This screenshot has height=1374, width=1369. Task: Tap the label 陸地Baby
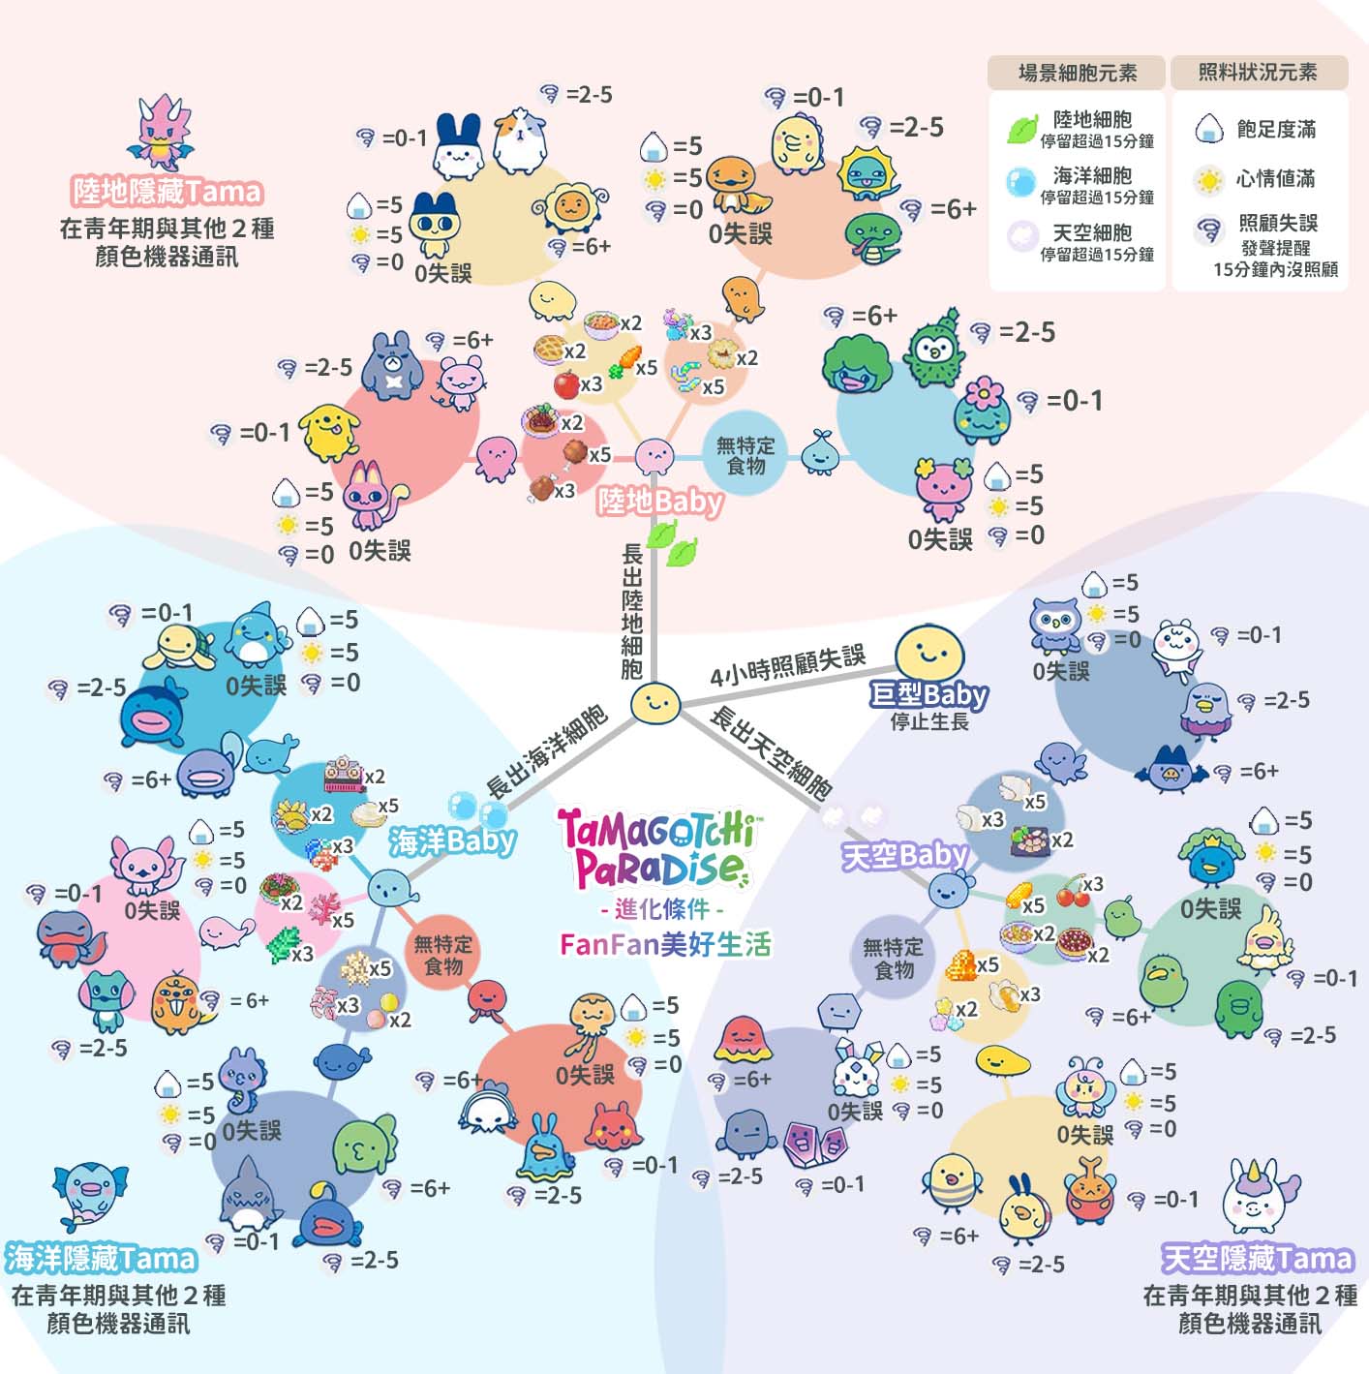click(x=659, y=501)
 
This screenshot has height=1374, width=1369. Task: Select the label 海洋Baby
click(x=452, y=840)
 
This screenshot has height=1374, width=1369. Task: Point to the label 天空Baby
click(x=903, y=855)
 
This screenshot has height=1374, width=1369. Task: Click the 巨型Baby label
click(x=928, y=694)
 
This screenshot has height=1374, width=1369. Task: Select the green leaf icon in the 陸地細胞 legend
click(x=1021, y=129)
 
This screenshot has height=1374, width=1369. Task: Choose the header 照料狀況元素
click(x=1258, y=73)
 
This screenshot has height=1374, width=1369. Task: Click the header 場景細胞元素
click(x=1077, y=73)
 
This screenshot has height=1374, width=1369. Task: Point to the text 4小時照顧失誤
click(x=787, y=667)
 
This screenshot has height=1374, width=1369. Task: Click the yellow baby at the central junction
click(x=654, y=702)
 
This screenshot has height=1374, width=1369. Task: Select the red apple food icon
click(x=566, y=384)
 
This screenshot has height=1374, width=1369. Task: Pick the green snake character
click(x=872, y=239)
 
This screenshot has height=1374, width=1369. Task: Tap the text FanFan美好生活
click(x=665, y=944)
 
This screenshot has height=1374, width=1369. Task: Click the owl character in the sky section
click(x=1054, y=626)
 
